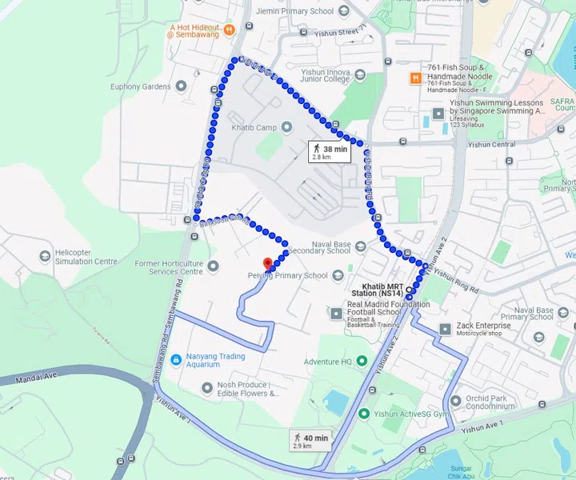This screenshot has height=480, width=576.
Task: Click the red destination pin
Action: click(x=268, y=263)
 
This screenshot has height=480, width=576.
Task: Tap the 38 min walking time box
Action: click(x=329, y=151)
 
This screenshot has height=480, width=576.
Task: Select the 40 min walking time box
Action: click(x=310, y=440)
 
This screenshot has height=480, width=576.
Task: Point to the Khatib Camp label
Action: click(x=254, y=128)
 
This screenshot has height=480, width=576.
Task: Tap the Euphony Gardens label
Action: click(x=141, y=86)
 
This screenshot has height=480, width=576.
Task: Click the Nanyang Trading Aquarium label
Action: click(x=203, y=360)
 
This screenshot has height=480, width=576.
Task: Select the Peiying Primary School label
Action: click(x=288, y=275)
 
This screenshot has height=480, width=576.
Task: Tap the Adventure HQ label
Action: click(x=327, y=362)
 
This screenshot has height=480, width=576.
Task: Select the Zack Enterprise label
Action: click(x=485, y=326)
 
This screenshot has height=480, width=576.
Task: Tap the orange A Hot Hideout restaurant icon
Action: click(x=229, y=30)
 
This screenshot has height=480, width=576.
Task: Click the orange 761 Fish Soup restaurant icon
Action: click(x=415, y=78)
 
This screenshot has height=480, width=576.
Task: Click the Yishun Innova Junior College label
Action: click(x=326, y=75)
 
